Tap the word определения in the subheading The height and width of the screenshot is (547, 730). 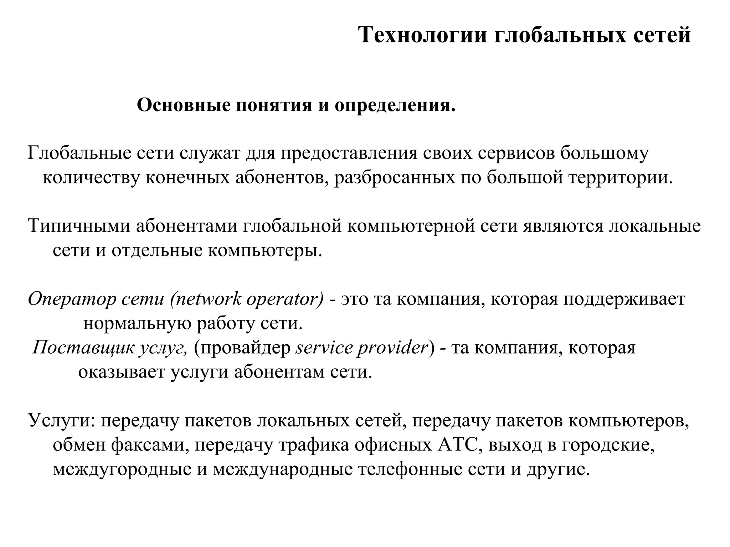(x=395, y=106)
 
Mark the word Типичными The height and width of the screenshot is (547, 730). (x=79, y=226)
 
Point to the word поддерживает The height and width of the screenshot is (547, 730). (x=624, y=299)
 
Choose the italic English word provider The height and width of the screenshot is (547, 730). (x=392, y=348)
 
